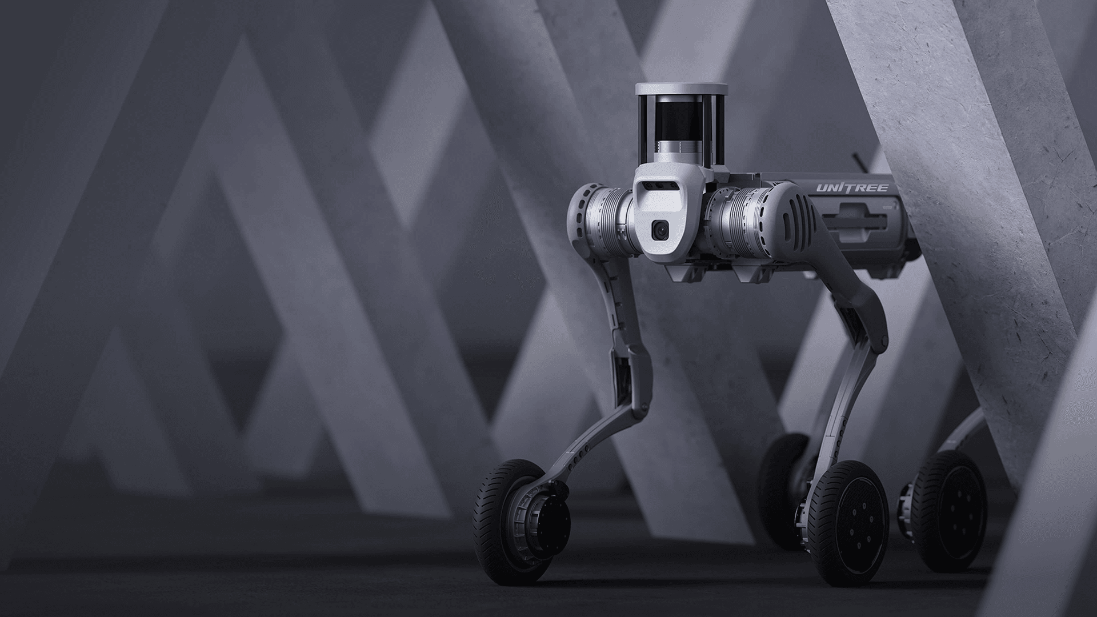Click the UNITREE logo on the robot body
click(852, 188)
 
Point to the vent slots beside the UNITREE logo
click(792, 217)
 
